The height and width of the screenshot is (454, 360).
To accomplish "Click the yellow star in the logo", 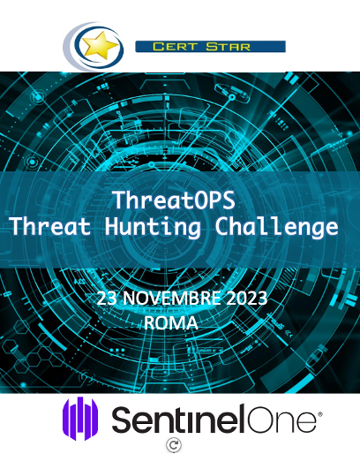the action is (100, 46).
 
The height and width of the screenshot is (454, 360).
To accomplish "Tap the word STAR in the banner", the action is (228, 47).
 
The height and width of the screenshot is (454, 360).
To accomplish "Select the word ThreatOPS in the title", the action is (174, 201).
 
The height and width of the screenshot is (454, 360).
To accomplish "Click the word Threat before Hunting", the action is (50, 226).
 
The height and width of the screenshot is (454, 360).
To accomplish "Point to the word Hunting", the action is (153, 227).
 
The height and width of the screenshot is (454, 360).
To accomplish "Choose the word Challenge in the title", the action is (276, 227).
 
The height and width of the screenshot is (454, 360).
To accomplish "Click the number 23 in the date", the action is (108, 298).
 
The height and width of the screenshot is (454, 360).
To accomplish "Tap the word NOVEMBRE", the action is (172, 298).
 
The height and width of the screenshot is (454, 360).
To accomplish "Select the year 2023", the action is (246, 298).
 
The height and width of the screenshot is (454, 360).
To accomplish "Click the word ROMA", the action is (171, 322).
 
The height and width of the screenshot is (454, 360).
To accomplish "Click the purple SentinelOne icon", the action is (80, 419).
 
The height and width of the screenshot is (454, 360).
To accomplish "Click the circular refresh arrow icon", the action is (174, 445).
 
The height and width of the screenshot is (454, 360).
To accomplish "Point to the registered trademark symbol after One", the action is (320, 414).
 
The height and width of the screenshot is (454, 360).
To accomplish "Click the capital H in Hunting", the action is (112, 227).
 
